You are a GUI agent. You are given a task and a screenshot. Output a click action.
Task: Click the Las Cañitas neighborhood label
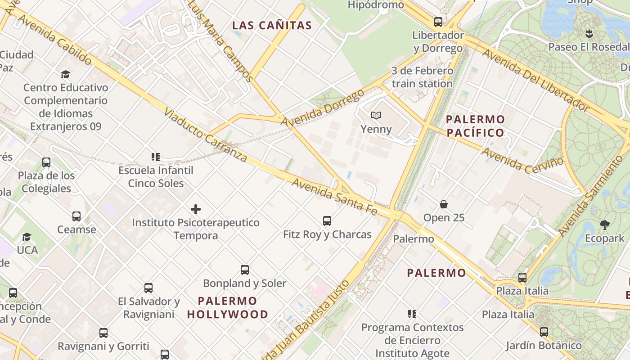(272, 25)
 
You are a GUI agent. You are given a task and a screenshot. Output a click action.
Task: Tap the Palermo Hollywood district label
(228, 307)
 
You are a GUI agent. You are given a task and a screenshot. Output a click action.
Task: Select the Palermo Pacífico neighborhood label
(475, 126)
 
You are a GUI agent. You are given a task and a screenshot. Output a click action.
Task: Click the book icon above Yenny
(376, 116)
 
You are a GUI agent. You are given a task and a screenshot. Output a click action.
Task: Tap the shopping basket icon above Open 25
(444, 204)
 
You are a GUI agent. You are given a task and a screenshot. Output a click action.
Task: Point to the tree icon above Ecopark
(605, 225)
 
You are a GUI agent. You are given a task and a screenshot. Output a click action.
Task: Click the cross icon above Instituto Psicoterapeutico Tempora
(196, 209)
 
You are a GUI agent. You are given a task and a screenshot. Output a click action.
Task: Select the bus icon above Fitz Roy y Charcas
(327, 221)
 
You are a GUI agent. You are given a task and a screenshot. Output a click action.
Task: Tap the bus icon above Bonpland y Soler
(245, 270)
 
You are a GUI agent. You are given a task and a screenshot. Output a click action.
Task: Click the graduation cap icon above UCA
(27, 237)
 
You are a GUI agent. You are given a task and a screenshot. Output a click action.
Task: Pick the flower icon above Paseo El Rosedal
(589, 33)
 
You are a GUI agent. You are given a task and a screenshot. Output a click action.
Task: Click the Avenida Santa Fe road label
(334, 196)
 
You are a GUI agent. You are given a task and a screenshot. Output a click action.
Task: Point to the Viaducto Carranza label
(205, 135)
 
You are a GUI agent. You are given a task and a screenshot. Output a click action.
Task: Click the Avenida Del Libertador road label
(535, 80)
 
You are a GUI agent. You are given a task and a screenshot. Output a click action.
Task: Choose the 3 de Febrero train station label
(422, 77)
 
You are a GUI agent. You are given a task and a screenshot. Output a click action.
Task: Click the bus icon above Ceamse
(76, 216)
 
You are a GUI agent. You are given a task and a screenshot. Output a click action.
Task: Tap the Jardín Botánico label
(544, 346)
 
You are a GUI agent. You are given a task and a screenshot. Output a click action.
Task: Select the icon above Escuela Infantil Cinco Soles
(156, 157)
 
